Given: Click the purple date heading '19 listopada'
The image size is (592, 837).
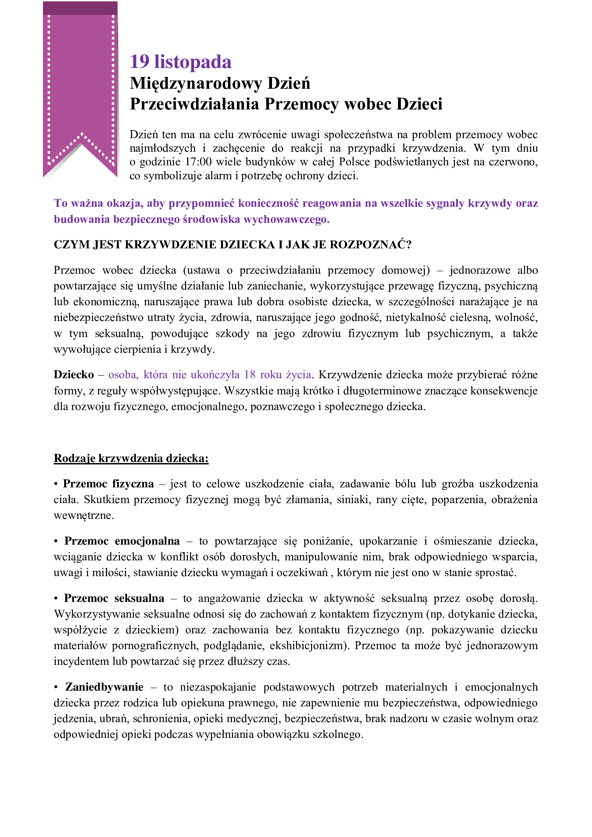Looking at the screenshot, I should pos(180,62).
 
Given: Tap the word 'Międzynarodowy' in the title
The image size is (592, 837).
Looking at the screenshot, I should pos(195,83).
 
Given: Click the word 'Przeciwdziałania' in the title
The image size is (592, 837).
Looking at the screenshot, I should pos(194,104).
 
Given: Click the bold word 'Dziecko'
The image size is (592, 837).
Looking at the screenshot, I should pos(74,375).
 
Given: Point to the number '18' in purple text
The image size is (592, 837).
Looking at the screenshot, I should pos(250,375).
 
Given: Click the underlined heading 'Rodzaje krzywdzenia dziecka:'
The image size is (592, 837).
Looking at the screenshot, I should pos(131,458).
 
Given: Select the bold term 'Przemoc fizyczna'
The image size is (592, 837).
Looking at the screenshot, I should pos(108,484).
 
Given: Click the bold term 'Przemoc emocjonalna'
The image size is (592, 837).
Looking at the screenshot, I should pos(122,541).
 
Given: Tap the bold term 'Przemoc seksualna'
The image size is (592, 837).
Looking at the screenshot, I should pos(114,598).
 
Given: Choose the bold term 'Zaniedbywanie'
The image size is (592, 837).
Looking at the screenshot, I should pos(104,687).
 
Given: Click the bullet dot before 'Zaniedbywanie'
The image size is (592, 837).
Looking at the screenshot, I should pos(56,687).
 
